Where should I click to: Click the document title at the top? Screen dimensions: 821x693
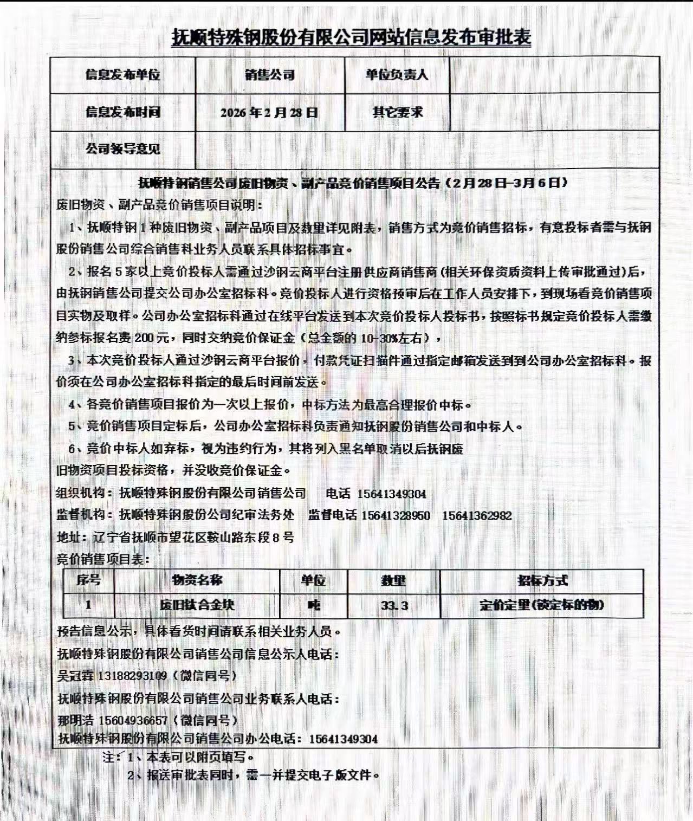click(x=351, y=37)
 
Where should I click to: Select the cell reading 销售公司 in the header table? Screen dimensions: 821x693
click(x=269, y=75)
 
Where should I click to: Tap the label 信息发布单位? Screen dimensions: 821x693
click(x=122, y=75)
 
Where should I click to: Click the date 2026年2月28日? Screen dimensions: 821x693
click(x=269, y=113)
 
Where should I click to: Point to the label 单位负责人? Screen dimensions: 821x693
click(x=397, y=75)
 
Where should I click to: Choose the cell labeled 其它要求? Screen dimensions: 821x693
click(x=397, y=112)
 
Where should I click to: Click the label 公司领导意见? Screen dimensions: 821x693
click(x=122, y=148)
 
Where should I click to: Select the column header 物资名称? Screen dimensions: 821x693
click(x=197, y=580)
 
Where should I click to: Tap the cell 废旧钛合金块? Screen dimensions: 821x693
click(x=197, y=605)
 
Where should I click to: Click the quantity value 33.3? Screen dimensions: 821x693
click(x=394, y=605)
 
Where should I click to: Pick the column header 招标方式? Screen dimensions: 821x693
click(x=542, y=580)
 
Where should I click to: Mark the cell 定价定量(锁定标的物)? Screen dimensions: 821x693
click(x=542, y=605)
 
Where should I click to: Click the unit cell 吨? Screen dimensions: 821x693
click(x=314, y=605)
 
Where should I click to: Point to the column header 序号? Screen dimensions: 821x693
click(x=88, y=580)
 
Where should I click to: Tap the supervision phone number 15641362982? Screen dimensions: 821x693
click(x=477, y=515)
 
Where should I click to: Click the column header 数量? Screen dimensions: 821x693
click(x=393, y=580)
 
